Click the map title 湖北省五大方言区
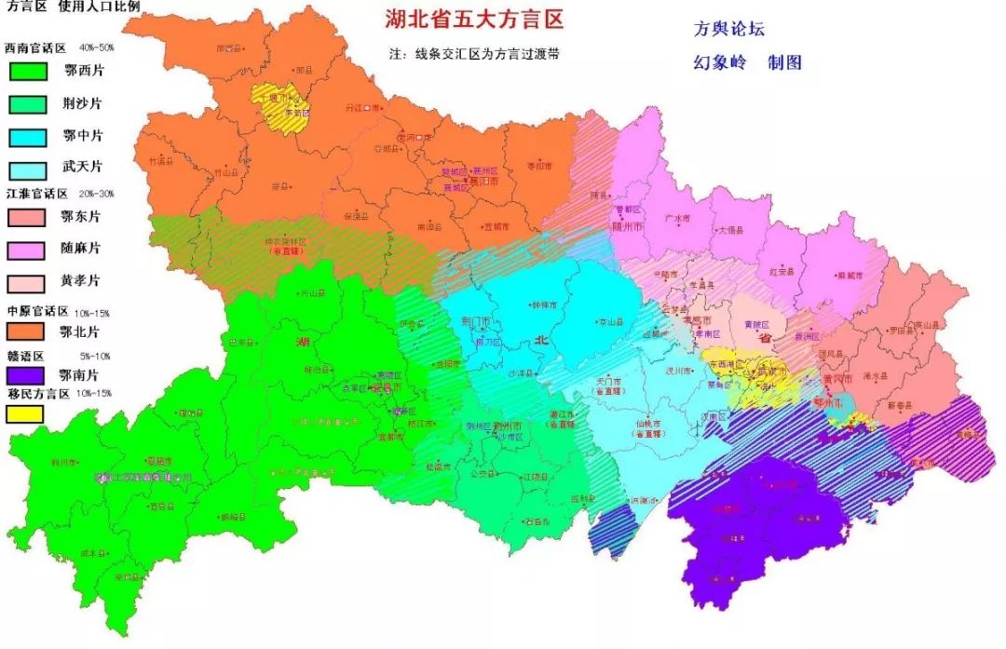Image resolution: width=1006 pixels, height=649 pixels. pos(474,20)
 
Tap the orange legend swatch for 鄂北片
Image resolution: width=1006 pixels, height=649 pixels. pos(27,331)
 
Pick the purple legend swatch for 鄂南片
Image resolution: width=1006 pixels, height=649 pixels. pos(27,376)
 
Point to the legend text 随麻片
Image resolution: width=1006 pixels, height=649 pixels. pos(83,249)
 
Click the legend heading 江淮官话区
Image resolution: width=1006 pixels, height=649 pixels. pos(35,194)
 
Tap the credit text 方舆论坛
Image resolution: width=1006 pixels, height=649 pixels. pos(728,29)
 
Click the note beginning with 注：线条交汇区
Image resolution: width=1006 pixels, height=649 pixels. pos(474,54)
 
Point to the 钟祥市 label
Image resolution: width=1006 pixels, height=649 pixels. pos(542,304)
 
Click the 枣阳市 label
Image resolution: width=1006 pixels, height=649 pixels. pos(539,166)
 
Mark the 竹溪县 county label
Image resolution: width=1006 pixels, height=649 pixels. pos(160,161)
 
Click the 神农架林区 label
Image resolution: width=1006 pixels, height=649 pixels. pos(285,240)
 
